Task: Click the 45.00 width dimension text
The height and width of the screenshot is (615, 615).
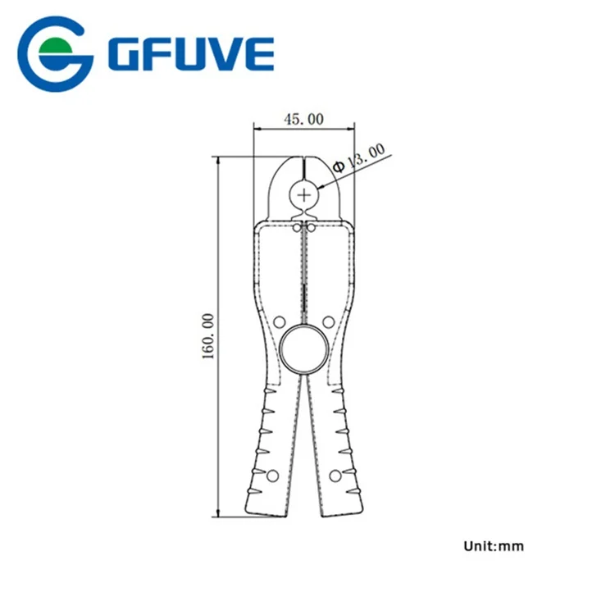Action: point(303,119)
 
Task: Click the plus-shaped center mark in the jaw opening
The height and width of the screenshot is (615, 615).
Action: point(304,194)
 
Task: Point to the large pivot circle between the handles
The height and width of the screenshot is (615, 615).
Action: point(304,345)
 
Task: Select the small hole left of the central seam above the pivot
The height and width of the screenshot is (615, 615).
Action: point(279,321)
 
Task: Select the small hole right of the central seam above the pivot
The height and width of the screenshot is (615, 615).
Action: point(328,321)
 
